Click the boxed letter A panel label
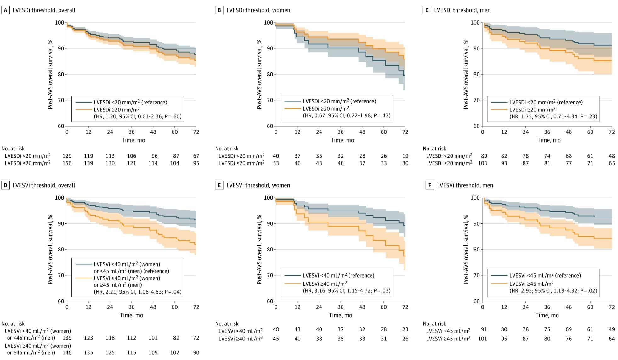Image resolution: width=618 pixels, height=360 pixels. click(x=5, y=10)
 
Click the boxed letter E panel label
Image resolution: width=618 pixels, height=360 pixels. click(x=219, y=185)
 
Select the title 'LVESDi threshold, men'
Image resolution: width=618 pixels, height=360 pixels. click(x=462, y=10)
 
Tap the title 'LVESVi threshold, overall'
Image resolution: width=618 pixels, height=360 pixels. click(x=44, y=185)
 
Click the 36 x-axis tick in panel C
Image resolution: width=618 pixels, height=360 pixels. click(x=547, y=132)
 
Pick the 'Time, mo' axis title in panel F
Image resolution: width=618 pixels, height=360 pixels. click(x=547, y=315)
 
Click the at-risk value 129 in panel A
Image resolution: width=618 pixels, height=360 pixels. click(x=67, y=156)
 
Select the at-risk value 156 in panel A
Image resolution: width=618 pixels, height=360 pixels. click(x=67, y=163)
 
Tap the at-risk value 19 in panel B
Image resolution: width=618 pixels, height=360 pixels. click(x=405, y=156)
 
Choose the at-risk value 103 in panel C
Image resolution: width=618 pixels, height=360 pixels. click(x=482, y=163)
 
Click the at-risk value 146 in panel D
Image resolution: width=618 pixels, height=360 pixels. click(x=67, y=353)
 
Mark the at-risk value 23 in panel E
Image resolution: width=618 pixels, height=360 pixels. click(x=405, y=329)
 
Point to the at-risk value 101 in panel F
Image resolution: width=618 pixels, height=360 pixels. click(x=482, y=339)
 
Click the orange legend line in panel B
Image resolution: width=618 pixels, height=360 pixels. click(x=292, y=109)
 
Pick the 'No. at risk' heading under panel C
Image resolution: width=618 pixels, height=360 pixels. click(x=434, y=149)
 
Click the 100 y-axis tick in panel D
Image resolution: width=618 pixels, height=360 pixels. click(x=59, y=198)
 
